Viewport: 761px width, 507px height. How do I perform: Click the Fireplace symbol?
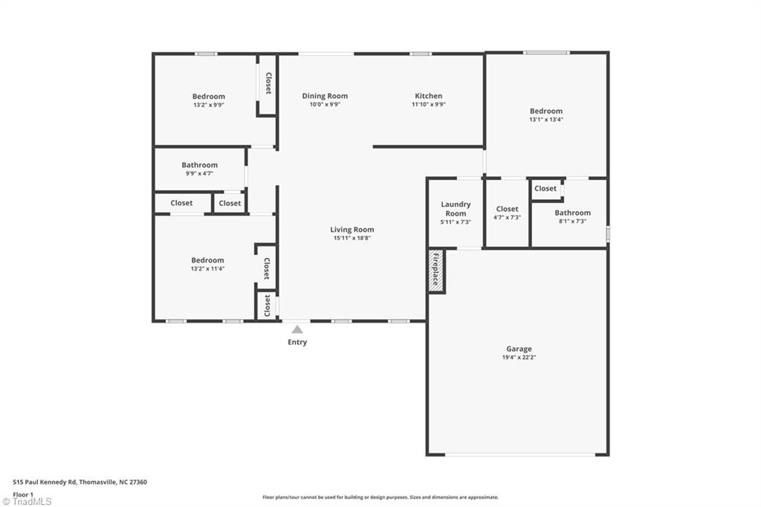tap(436, 271)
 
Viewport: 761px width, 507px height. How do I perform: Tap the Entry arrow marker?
tap(297, 329)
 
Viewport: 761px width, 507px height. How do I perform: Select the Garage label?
tap(519, 349)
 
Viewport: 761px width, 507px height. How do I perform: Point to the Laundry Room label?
tap(456, 209)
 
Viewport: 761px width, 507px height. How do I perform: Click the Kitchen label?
tap(428, 96)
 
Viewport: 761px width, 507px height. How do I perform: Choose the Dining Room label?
tap(325, 96)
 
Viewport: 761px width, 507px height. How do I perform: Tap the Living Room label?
tap(352, 230)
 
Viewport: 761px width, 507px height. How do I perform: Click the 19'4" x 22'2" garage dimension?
tap(519, 358)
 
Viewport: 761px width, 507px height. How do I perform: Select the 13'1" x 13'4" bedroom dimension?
tap(546, 120)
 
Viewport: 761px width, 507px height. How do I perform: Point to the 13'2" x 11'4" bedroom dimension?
tap(207, 269)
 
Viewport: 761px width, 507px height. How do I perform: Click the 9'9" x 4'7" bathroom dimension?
tap(200, 174)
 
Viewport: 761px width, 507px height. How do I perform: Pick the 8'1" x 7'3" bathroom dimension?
tap(572, 222)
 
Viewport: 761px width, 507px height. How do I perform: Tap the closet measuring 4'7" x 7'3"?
tap(508, 213)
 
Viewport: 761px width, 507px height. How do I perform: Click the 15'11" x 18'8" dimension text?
tap(352, 239)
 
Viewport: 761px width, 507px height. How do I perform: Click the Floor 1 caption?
tap(23, 494)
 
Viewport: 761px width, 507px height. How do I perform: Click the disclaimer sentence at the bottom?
tap(380, 497)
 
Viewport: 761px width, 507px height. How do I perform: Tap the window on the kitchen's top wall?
tap(421, 54)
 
